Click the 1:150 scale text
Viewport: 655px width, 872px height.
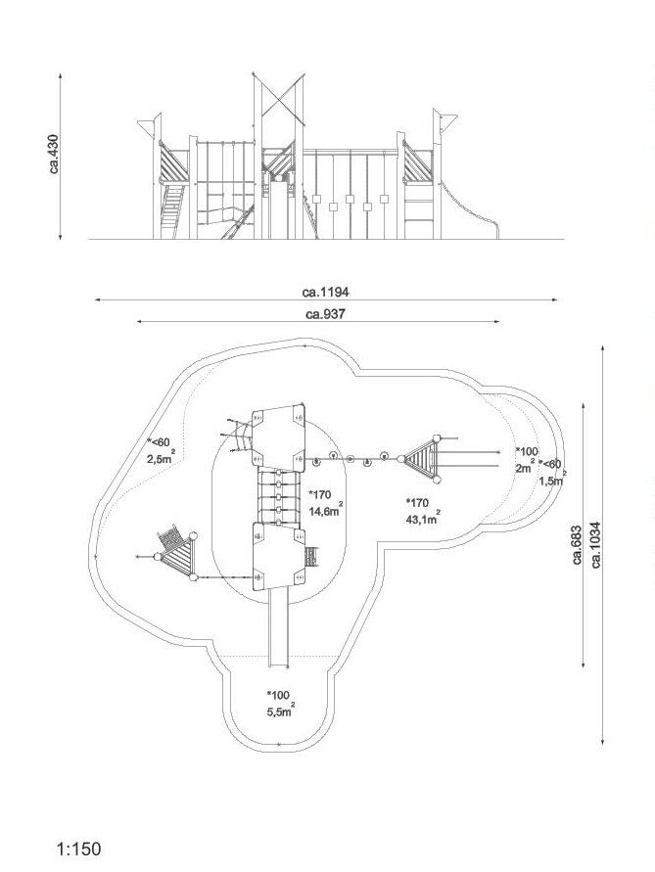(x=79, y=849)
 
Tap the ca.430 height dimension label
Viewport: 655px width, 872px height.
(x=54, y=154)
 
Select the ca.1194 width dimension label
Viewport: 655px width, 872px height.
(x=326, y=292)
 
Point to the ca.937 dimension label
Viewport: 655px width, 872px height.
(x=326, y=314)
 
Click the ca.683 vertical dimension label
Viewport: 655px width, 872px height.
(x=577, y=544)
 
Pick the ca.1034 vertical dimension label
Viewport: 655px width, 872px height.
(x=596, y=544)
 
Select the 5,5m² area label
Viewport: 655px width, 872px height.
(x=281, y=711)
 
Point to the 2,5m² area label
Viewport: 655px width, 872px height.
(x=162, y=458)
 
